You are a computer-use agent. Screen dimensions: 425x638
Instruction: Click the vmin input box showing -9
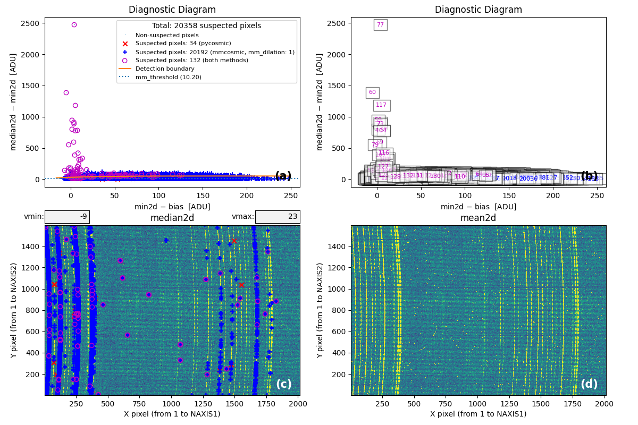point(67,217)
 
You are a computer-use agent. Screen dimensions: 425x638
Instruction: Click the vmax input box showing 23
point(277,217)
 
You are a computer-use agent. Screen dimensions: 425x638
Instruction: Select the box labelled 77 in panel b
point(380,25)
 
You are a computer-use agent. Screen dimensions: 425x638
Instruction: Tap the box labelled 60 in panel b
point(372,92)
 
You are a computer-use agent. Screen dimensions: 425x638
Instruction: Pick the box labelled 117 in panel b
point(381,105)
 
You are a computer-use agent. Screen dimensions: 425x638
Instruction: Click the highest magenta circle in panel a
point(74,24)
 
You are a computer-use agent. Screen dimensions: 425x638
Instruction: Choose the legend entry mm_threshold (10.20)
point(168,77)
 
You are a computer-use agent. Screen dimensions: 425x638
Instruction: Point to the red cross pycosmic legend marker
point(125,44)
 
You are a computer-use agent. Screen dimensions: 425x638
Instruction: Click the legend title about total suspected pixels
point(206,25)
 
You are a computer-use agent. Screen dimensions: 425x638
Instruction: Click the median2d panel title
point(172,218)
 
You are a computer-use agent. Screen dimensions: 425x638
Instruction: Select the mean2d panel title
point(478,218)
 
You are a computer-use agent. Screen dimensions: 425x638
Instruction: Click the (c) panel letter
point(283,384)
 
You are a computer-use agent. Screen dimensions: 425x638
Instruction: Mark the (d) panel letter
point(589,384)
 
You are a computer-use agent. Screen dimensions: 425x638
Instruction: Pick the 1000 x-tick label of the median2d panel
point(171,403)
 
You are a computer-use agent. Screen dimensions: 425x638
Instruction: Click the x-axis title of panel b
point(478,207)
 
